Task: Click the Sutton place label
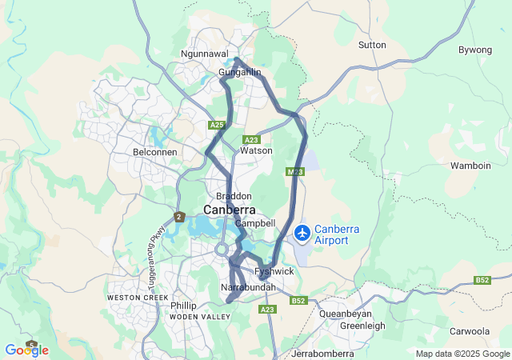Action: coord(372,45)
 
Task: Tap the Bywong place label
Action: coord(474,50)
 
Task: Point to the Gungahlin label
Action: coord(240,73)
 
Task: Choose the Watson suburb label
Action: coord(257,150)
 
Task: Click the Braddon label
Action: coord(234,196)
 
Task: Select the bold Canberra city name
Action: coord(230,210)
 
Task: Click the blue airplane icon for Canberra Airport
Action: coord(303,233)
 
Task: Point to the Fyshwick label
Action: coord(274,272)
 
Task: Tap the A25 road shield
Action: coord(217,126)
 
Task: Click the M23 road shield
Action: coord(294,172)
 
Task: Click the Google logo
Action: coord(26,350)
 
